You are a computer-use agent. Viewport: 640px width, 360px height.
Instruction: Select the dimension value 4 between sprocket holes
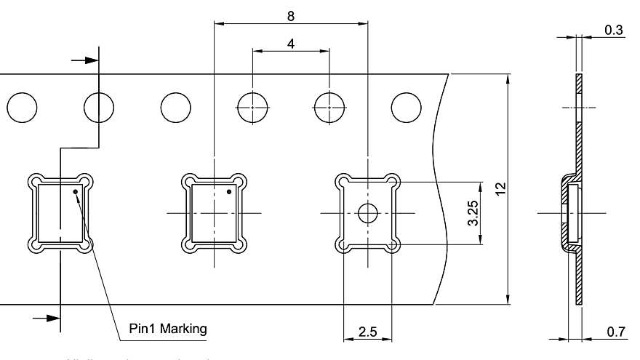tap(291, 43)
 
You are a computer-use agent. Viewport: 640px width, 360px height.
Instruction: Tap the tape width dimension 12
tap(500, 188)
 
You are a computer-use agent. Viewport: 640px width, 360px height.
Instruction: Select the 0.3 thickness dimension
tap(613, 30)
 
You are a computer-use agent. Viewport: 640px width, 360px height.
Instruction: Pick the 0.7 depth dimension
tap(615, 332)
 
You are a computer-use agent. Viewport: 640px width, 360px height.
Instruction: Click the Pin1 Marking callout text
tap(168, 328)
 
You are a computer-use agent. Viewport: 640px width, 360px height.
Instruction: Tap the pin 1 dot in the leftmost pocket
tap(76, 193)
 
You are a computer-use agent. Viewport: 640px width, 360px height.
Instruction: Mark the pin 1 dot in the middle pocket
tap(229, 193)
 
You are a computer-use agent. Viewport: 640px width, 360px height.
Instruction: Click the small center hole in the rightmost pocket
tap(367, 212)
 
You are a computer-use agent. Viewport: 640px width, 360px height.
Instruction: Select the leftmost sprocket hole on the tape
tap(22, 108)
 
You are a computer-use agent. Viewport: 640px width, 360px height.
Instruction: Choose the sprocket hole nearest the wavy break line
tap(406, 108)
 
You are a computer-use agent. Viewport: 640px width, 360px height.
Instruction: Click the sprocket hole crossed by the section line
tap(99, 108)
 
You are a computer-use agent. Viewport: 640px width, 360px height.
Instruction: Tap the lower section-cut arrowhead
tap(52, 318)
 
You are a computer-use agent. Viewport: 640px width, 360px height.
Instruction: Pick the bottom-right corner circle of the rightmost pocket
tap(393, 246)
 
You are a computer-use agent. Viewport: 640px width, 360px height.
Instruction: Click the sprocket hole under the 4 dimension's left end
tap(252, 108)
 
